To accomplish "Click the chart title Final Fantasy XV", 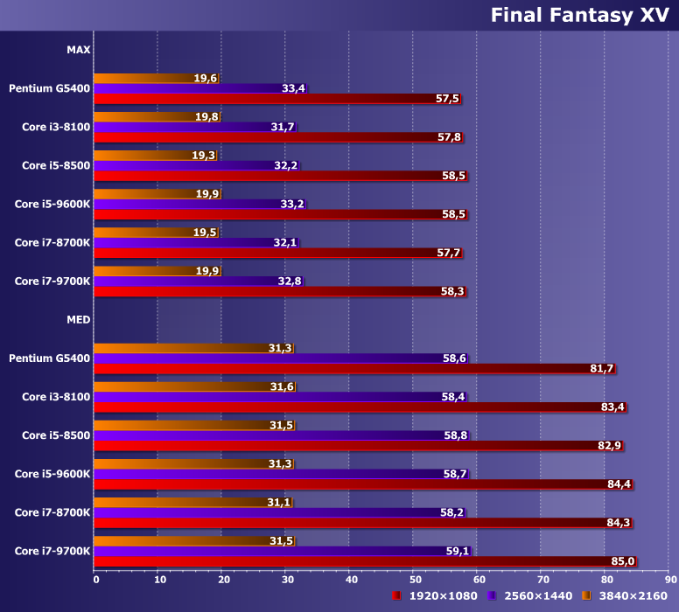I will click(579, 15).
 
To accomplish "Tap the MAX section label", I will click(78, 50).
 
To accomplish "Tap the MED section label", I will click(78, 319).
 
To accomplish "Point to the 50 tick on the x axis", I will click(415, 579).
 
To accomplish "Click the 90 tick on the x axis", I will click(669, 579).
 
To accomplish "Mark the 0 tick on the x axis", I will click(96, 579).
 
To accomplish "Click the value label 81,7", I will click(602, 369).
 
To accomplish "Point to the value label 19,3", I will click(203, 156).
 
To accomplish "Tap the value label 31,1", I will click(279, 502).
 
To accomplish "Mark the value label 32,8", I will click(290, 282).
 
